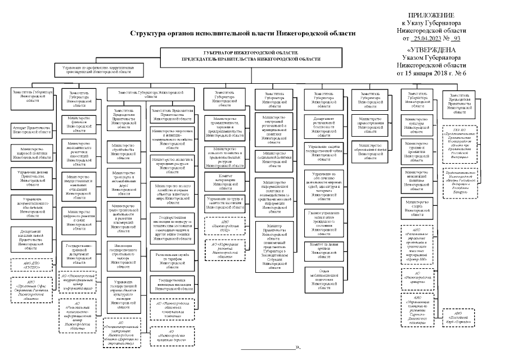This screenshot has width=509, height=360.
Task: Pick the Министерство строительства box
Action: pyautogui.click(x=127, y=151)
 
